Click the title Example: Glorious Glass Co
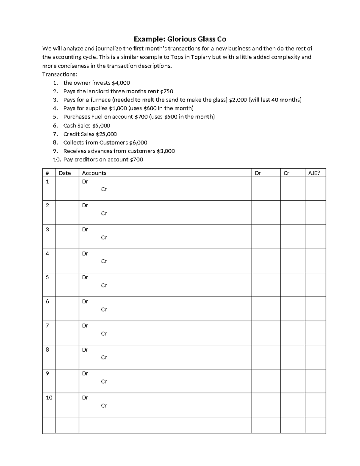[180, 39]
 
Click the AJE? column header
[314, 173]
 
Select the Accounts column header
[94, 173]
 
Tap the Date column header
[65, 173]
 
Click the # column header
[47, 173]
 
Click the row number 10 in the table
[49, 398]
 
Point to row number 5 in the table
[47, 277]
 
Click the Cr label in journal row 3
[104, 237]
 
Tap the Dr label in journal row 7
[85, 326]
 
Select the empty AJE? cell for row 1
[315, 188]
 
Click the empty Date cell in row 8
[67, 357]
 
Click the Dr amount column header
[258, 173]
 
